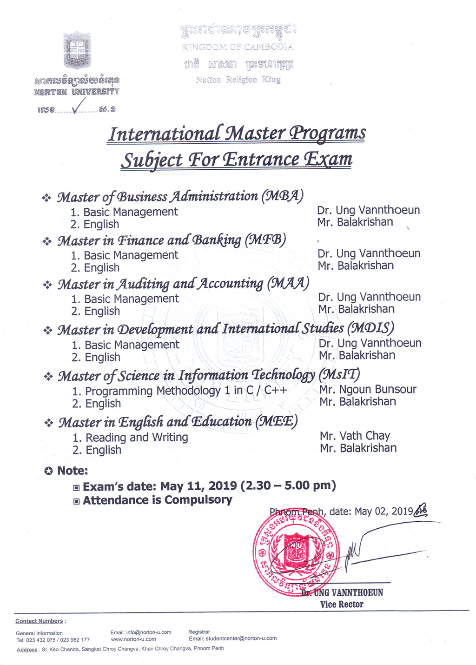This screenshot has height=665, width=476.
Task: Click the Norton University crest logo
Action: click(77, 51)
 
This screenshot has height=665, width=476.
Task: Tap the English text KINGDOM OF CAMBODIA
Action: click(238, 47)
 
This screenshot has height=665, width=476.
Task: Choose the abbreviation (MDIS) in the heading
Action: click(370, 328)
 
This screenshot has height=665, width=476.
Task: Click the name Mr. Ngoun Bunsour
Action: click(368, 389)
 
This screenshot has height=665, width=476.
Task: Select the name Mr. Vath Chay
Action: click(355, 436)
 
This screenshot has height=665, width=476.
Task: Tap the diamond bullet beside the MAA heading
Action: click(47, 285)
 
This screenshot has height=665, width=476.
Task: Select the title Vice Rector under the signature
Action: click(342, 604)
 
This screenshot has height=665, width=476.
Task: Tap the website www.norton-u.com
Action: click(133, 639)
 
